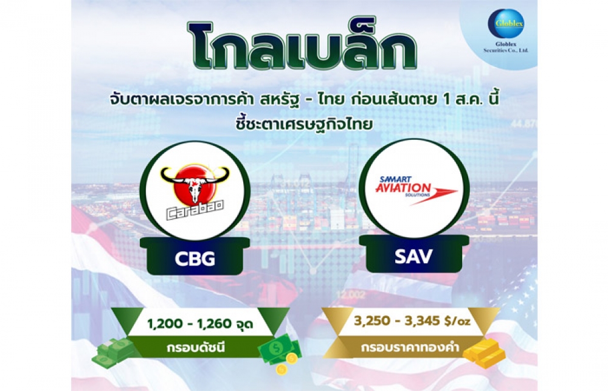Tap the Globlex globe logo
click(506, 24)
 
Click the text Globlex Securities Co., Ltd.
click(506, 47)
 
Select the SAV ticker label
click(413, 257)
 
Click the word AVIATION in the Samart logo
click(403, 188)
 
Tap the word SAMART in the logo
click(390, 179)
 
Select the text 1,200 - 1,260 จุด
click(200, 323)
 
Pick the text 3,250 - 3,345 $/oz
click(412, 321)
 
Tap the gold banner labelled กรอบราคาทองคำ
click(410, 346)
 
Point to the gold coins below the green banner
click(286, 363)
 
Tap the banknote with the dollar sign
click(280, 345)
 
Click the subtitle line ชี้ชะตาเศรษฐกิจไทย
click(303, 125)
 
